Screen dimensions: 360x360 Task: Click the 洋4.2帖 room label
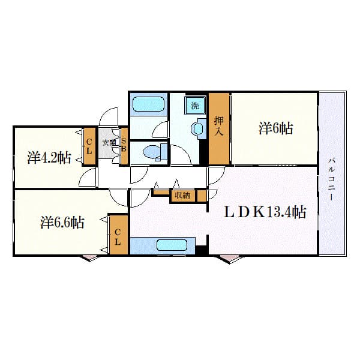tap(49, 158)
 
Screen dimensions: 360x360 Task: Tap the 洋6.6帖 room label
tap(62, 223)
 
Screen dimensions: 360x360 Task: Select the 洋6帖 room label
tap(276, 128)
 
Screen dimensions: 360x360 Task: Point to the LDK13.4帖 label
tap(265, 212)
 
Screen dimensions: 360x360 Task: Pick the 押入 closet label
tap(219, 128)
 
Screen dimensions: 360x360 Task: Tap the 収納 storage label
tap(182, 195)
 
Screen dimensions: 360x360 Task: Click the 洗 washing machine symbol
tap(194, 106)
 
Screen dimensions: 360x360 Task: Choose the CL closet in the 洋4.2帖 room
tap(89, 146)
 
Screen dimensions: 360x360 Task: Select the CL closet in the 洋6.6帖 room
tap(118, 238)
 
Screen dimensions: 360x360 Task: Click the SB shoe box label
tap(124, 146)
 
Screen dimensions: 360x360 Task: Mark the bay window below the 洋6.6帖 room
tap(91, 257)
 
